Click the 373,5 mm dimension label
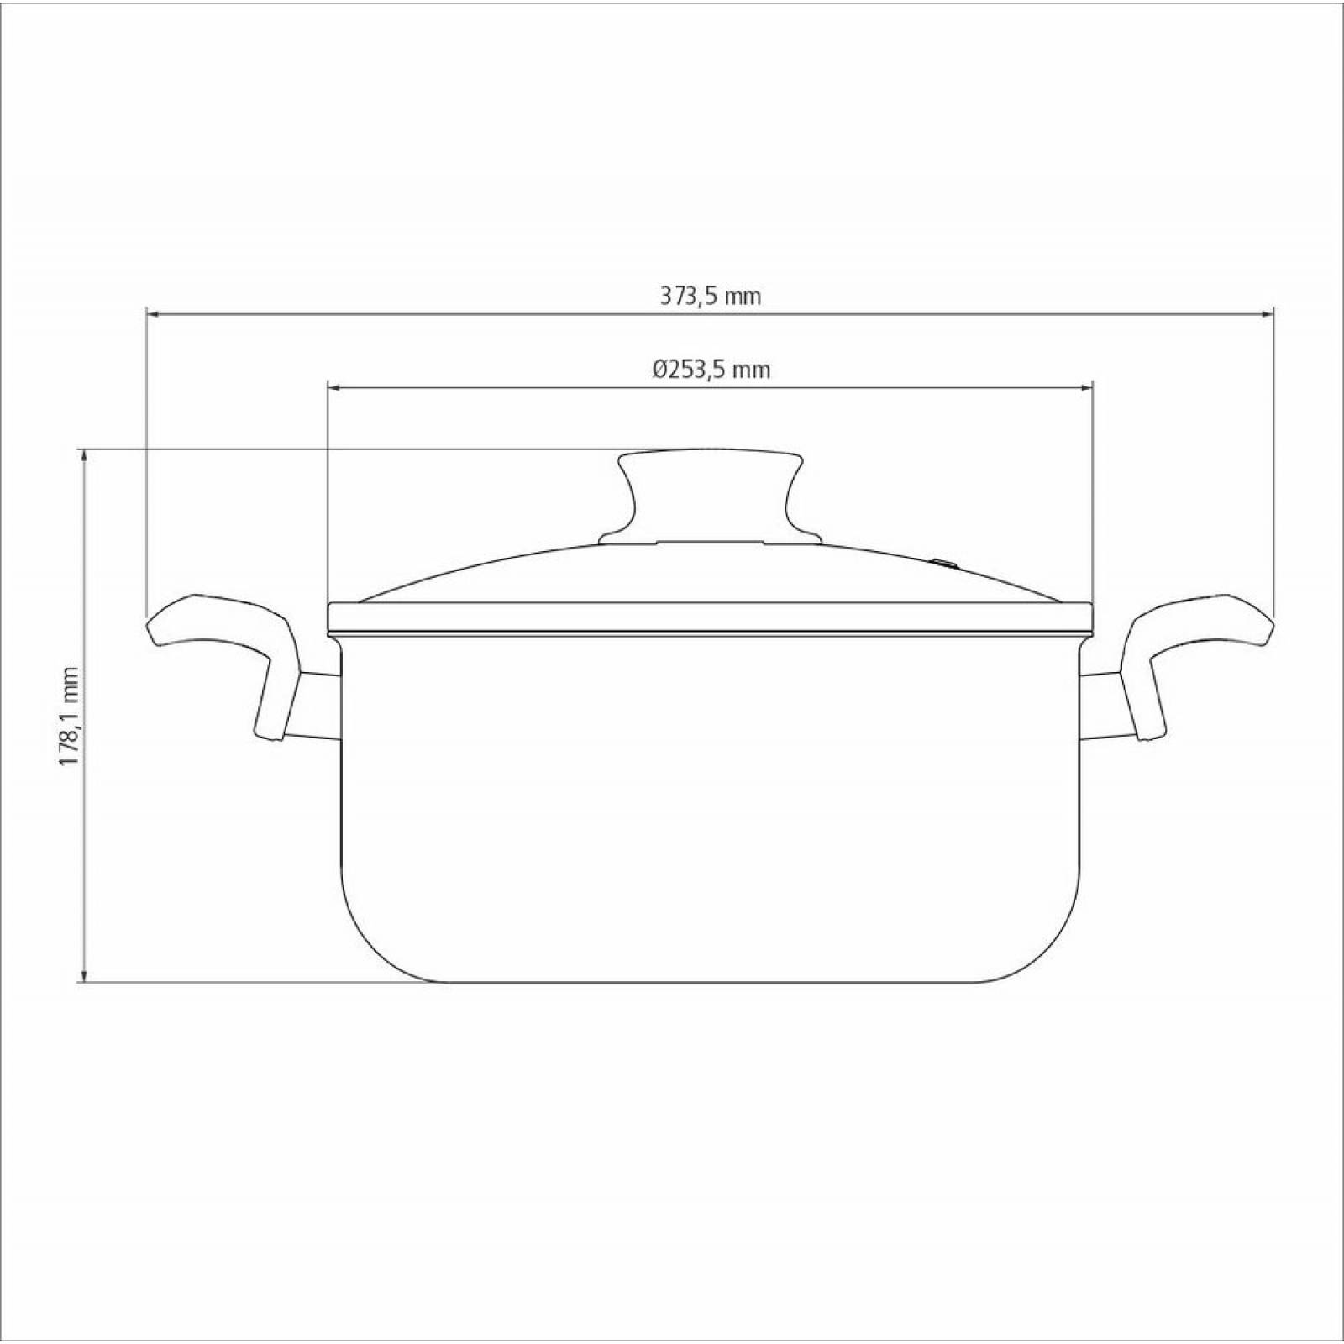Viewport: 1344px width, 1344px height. [710, 297]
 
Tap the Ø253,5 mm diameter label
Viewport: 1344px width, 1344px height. [711, 370]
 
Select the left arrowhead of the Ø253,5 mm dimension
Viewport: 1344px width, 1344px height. [333, 387]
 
